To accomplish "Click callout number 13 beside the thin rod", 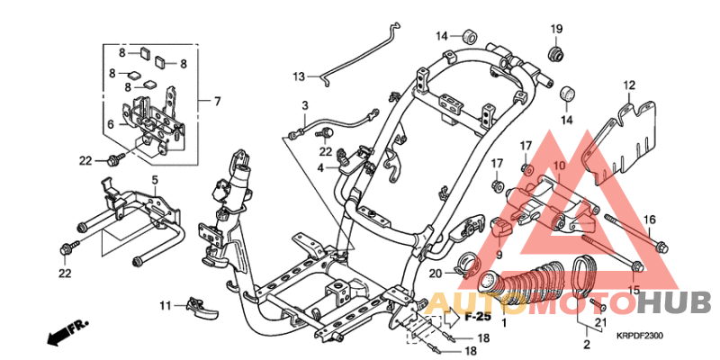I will click(x=299, y=76).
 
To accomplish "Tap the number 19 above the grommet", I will click(x=556, y=28).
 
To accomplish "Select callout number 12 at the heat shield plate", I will click(x=629, y=85).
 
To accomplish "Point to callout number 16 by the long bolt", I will click(x=650, y=220).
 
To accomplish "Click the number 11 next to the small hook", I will click(x=166, y=306).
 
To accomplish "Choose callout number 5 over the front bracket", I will click(x=154, y=181).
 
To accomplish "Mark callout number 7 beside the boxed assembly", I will click(x=217, y=101).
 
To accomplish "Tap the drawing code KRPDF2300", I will click(x=640, y=336).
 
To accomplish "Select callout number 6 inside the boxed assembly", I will click(x=112, y=124).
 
